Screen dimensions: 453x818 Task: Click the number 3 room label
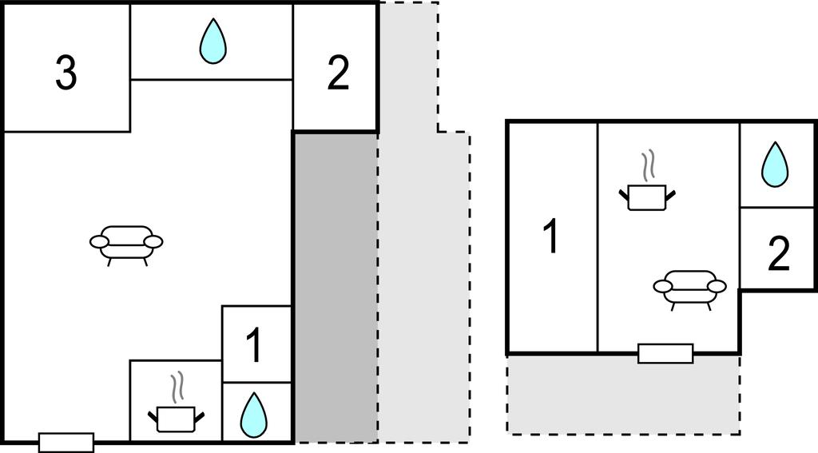pyautogui.click(x=66, y=74)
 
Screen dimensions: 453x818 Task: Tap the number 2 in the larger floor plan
pyautogui.click(x=338, y=74)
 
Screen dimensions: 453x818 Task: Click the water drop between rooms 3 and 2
pyautogui.click(x=212, y=42)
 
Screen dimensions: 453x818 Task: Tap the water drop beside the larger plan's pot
pyautogui.click(x=254, y=414)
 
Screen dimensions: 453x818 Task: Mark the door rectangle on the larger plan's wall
pyautogui.click(x=66, y=442)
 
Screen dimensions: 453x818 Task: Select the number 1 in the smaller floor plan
pyautogui.click(x=550, y=237)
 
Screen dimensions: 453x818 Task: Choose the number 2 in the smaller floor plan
pyautogui.click(x=778, y=254)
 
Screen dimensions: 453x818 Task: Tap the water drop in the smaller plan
pyautogui.click(x=774, y=165)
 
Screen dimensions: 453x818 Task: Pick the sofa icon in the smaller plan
pyautogui.click(x=689, y=288)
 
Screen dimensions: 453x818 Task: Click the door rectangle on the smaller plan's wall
pyautogui.click(x=665, y=353)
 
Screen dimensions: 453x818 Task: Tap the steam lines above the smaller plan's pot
pyautogui.click(x=649, y=165)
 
